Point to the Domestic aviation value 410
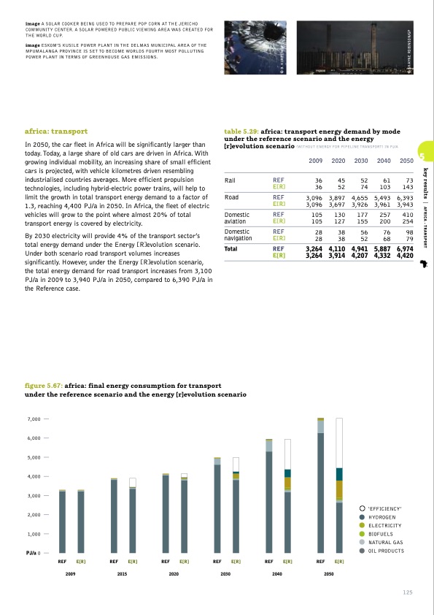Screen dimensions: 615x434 [x=407, y=215]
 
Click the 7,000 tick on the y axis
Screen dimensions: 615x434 [x=34, y=419]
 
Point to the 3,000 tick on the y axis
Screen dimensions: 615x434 [x=34, y=496]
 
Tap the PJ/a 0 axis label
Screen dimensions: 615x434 [x=33, y=553]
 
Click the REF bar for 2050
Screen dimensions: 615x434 [x=320, y=485]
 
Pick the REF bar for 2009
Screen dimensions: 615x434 [x=62, y=521]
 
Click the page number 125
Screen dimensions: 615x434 [x=408, y=592]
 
